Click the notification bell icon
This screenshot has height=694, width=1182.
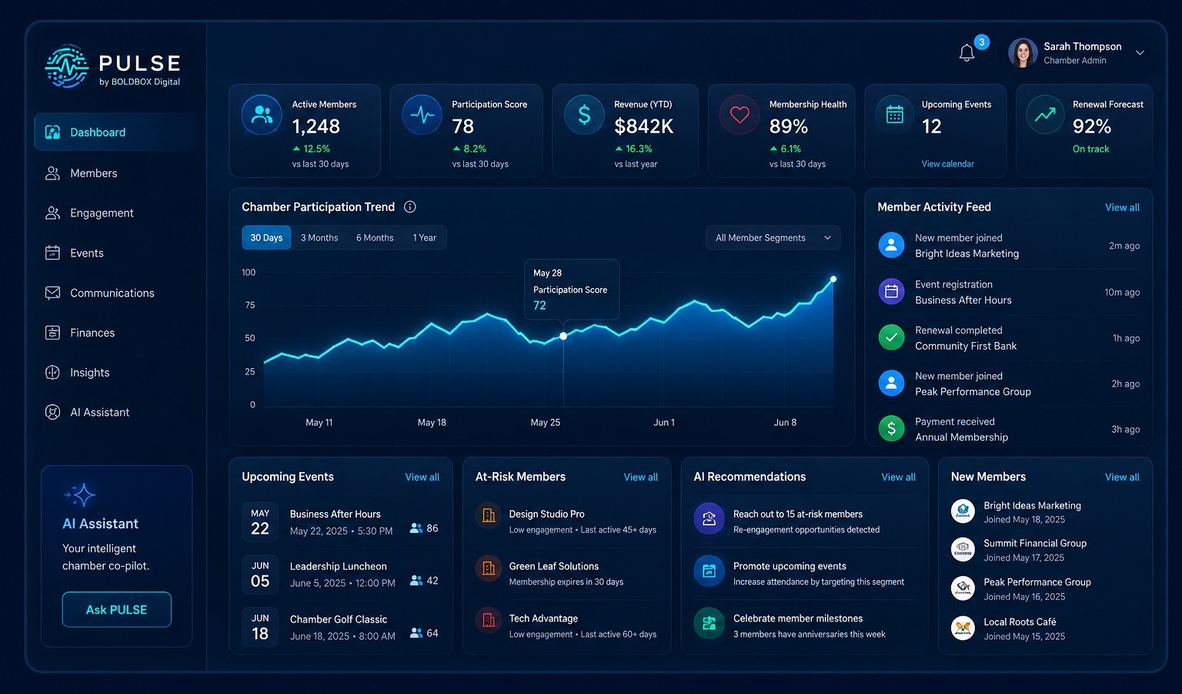[x=967, y=53]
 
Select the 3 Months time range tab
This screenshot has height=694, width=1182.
[x=319, y=238]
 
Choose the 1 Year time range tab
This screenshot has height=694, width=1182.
[x=424, y=238]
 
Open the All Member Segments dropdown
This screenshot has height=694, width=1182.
[x=773, y=238]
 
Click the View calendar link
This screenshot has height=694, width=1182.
[x=948, y=164]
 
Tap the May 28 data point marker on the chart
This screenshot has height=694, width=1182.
[x=563, y=336]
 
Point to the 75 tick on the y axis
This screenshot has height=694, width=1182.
[x=249, y=305]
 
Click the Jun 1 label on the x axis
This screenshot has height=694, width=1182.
[x=664, y=423]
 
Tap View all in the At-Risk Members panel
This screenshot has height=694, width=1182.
[x=640, y=477]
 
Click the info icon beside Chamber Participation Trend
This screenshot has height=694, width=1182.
[x=410, y=207]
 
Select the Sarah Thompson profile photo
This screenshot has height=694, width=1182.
[x=1023, y=53]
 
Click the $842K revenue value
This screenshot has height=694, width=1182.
[x=643, y=126]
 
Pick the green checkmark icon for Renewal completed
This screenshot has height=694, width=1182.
[x=891, y=337]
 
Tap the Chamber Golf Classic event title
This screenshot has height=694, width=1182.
[x=339, y=619]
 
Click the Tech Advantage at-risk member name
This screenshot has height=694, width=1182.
[x=543, y=619]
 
